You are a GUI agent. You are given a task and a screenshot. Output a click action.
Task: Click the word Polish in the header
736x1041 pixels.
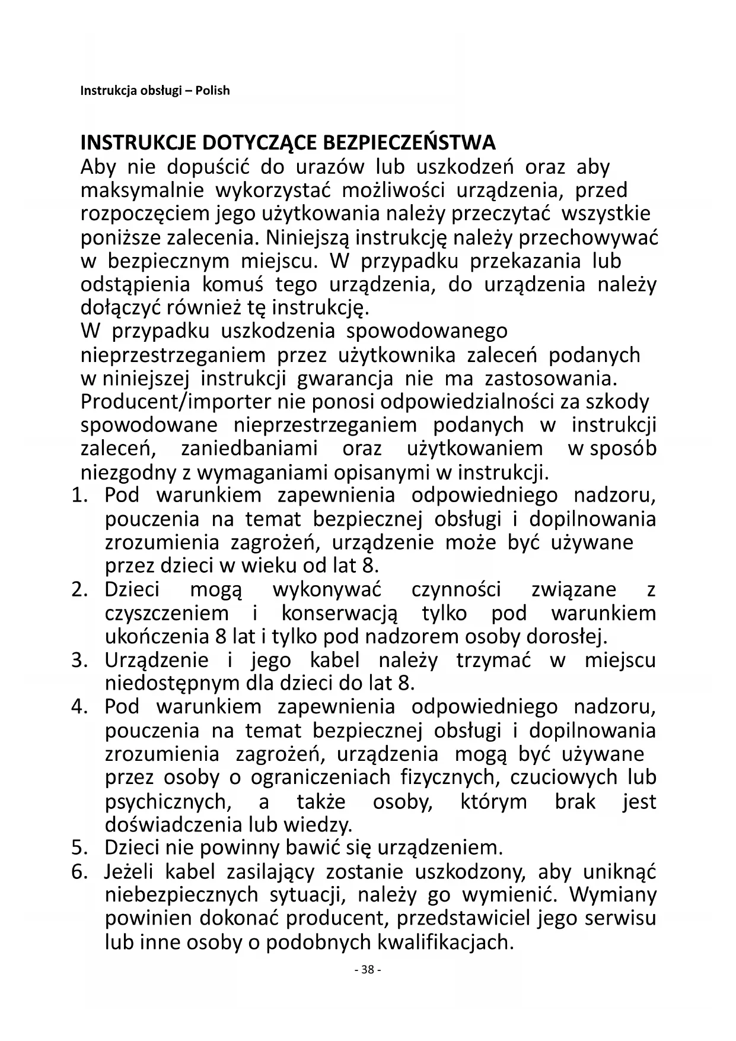click(212, 91)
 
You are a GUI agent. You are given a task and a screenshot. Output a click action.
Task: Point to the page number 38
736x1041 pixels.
click(367, 970)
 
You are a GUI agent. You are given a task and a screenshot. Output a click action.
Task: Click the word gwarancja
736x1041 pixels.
click(345, 379)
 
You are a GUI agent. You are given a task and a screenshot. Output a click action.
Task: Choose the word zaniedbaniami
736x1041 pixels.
click(249, 449)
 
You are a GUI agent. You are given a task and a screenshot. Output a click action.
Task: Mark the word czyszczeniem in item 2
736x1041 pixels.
click(167, 613)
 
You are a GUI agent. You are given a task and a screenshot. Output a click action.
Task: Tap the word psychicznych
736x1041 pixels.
click(166, 802)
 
